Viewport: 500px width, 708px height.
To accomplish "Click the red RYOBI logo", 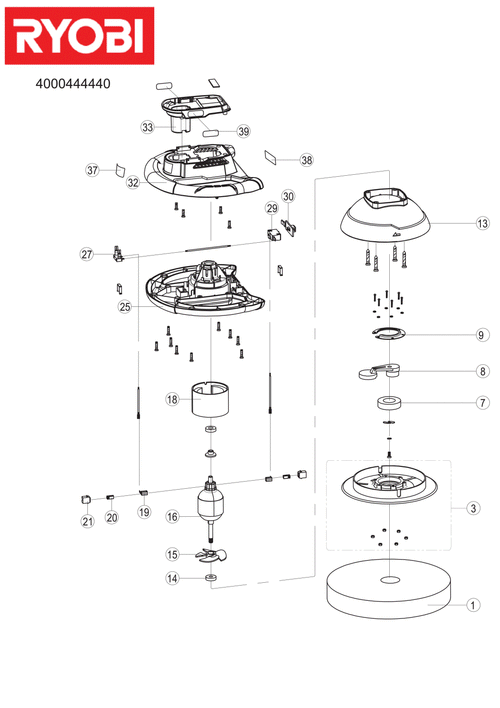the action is tap(79, 36).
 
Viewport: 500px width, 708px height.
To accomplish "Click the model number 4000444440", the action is tap(73, 84).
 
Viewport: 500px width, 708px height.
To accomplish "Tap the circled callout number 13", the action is tap(482, 223).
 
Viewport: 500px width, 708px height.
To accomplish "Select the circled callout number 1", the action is tap(473, 605).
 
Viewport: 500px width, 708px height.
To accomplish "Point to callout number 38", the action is tap(307, 160).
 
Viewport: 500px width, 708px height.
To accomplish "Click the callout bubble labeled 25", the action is tap(125, 307).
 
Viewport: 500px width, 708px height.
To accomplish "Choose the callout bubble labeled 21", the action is tap(88, 522).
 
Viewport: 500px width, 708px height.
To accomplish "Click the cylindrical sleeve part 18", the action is tap(210, 399).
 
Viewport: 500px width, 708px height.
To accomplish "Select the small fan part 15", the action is tap(210, 555).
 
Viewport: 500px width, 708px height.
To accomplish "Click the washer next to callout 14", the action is tap(210, 578).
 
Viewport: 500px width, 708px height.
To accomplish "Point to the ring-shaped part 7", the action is tap(388, 402).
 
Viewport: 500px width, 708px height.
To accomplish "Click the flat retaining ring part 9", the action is tap(389, 334).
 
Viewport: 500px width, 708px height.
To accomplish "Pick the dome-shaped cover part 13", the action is tap(385, 215).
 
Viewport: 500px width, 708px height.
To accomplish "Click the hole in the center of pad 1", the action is tap(389, 579).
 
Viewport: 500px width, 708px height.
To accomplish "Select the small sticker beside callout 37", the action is tap(121, 170).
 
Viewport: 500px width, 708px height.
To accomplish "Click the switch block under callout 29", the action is tap(273, 234).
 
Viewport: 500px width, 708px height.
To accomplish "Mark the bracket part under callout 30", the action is tap(290, 227).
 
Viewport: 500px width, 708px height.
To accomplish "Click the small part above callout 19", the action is tap(144, 492).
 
